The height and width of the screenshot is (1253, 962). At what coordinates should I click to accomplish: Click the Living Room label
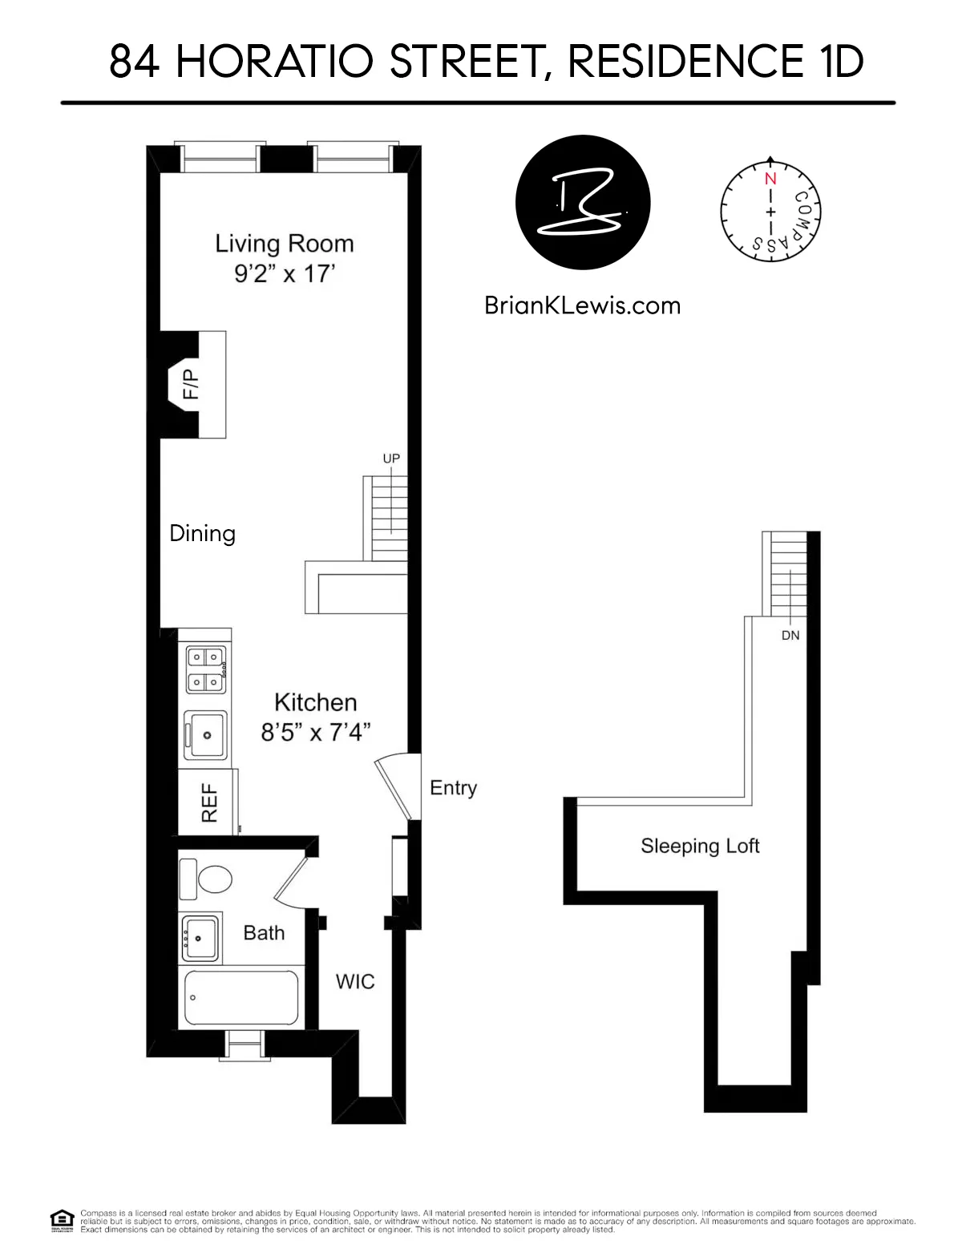click(284, 244)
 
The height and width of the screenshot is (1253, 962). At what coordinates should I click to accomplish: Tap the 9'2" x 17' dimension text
click(284, 273)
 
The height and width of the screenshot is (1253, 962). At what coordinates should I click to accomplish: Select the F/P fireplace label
click(190, 384)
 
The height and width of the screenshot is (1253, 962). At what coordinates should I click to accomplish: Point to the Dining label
click(202, 534)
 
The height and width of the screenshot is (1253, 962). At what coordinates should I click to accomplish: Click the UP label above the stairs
click(391, 459)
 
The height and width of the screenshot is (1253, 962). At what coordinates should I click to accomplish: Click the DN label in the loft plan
click(790, 635)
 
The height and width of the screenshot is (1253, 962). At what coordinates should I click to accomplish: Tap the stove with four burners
click(206, 670)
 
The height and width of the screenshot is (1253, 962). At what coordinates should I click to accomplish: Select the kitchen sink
click(206, 734)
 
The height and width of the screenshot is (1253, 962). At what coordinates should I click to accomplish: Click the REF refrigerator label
click(208, 802)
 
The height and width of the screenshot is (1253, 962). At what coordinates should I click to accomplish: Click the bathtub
click(241, 997)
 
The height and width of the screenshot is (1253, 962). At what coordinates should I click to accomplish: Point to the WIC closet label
click(355, 982)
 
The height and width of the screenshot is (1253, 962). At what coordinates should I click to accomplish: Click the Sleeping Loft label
click(700, 847)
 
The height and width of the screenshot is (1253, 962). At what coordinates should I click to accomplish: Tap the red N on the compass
click(770, 179)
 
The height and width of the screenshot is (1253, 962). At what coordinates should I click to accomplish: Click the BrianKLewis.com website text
click(582, 305)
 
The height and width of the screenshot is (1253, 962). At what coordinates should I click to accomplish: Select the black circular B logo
click(583, 202)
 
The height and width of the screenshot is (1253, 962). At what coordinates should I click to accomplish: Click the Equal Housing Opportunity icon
click(62, 1220)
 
